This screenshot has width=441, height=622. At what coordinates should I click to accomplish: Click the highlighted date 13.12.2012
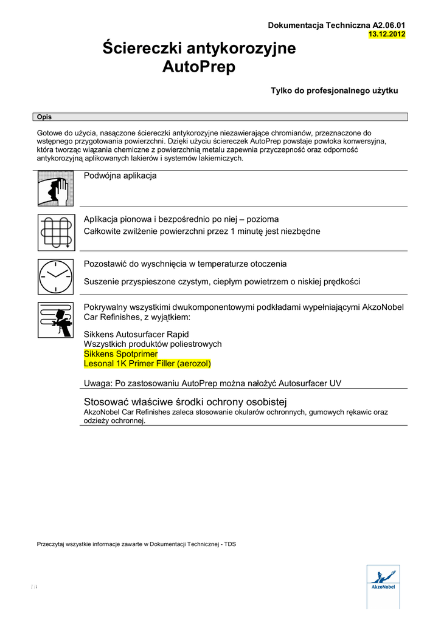[x=387, y=34]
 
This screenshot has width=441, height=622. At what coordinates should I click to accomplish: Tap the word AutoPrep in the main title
[x=198, y=67]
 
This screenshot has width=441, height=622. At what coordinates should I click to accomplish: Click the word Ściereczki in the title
[x=145, y=49]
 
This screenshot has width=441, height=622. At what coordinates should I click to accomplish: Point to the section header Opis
[x=44, y=117]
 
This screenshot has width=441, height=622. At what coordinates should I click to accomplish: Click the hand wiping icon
[x=55, y=189]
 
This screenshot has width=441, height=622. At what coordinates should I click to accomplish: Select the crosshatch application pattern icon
[x=55, y=233]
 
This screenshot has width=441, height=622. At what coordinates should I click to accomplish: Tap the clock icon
[x=55, y=277]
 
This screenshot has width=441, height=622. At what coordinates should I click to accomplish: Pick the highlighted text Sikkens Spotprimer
[x=120, y=354]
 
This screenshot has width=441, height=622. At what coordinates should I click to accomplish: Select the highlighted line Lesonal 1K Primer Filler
[x=147, y=363]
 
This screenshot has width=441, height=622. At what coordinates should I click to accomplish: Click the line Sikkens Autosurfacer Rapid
[x=136, y=334]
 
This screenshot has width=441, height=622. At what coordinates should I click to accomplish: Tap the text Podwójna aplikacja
[x=120, y=176]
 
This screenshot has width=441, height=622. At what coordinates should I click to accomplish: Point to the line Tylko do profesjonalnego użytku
[x=334, y=91]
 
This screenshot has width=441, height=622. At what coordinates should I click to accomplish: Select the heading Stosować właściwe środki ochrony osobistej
[x=185, y=402]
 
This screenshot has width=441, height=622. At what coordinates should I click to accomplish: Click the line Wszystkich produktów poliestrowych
[x=153, y=344]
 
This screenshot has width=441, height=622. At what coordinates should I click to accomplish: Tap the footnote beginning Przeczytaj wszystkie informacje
[x=136, y=544]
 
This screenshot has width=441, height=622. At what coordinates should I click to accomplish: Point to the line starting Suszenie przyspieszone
[x=221, y=281]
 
